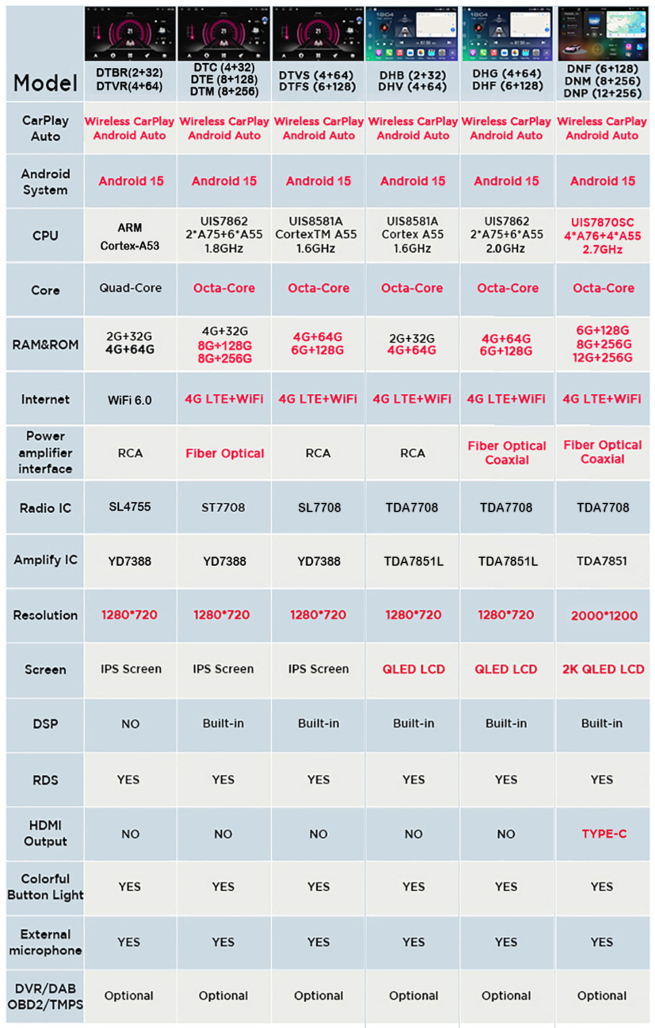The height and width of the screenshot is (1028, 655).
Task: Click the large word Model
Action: point(45,83)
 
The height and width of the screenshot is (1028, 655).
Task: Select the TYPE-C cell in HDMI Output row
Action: point(603,834)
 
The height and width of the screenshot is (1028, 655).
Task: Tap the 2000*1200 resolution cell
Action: point(603,615)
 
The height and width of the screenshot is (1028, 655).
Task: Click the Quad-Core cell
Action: point(130,288)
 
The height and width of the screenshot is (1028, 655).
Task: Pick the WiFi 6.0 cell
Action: point(130,400)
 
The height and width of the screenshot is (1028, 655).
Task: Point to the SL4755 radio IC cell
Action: point(130,507)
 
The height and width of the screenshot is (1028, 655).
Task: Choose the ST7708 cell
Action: point(223,507)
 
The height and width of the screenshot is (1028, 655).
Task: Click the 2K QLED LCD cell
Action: point(603,669)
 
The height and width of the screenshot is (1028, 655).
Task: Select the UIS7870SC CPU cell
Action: point(603,236)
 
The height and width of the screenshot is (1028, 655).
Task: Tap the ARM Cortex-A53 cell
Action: point(130,236)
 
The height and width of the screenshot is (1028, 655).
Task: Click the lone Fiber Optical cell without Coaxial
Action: point(225,453)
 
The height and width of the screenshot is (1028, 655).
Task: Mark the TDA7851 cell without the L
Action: point(602,561)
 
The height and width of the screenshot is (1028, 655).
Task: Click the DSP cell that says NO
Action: point(130,724)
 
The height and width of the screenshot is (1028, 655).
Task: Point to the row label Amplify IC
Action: point(45,560)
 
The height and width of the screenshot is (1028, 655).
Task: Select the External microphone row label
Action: point(45,942)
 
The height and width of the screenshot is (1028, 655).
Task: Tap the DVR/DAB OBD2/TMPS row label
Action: point(45,997)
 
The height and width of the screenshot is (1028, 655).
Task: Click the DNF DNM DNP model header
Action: point(603,81)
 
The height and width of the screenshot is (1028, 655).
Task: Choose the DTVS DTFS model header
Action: point(318,81)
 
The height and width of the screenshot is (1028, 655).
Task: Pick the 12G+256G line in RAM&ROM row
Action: point(603,358)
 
